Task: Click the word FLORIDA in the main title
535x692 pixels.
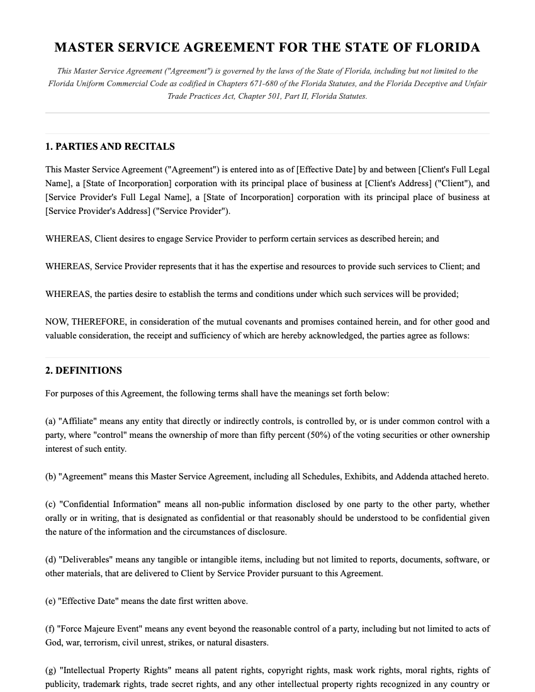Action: [449, 47]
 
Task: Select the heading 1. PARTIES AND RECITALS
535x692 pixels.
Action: [110, 147]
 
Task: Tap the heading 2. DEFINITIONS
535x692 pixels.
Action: [84, 371]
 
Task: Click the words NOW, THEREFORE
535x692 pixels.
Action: [85, 321]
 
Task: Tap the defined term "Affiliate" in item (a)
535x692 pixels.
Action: [79, 421]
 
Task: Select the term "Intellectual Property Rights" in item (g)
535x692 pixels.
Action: [115, 670]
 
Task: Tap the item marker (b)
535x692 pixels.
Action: [51, 476]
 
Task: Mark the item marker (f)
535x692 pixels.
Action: [50, 628]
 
